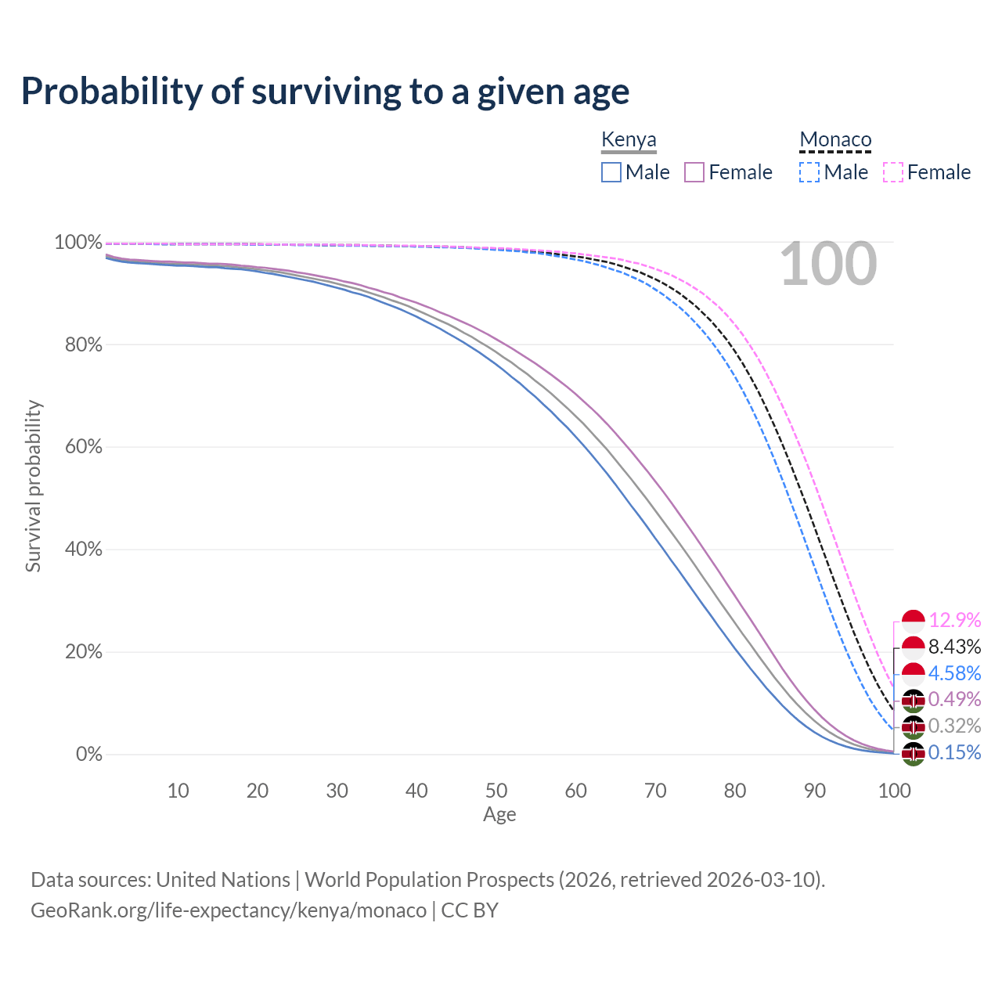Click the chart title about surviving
click(x=325, y=92)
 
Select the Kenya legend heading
click(x=629, y=140)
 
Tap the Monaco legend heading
click(x=835, y=140)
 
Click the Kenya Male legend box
click(x=611, y=172)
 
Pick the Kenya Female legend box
click(x=694, y=172)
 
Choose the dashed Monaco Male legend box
click(x=809, y=172)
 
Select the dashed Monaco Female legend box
click(x=892, y=172)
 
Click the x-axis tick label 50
click(x=496, y=791)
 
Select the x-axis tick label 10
click(x=178, y=791)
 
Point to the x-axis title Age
click(x=499, y=815)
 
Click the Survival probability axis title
click(x=33, y=486)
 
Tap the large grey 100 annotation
click(x=828, y=265)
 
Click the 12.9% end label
click(x=954, y=621)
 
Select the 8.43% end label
click(x=954, y=647)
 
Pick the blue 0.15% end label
click(x=954, y=752)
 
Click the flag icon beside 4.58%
click(x=914, y=673)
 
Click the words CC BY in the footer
click(x=470, y=910)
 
